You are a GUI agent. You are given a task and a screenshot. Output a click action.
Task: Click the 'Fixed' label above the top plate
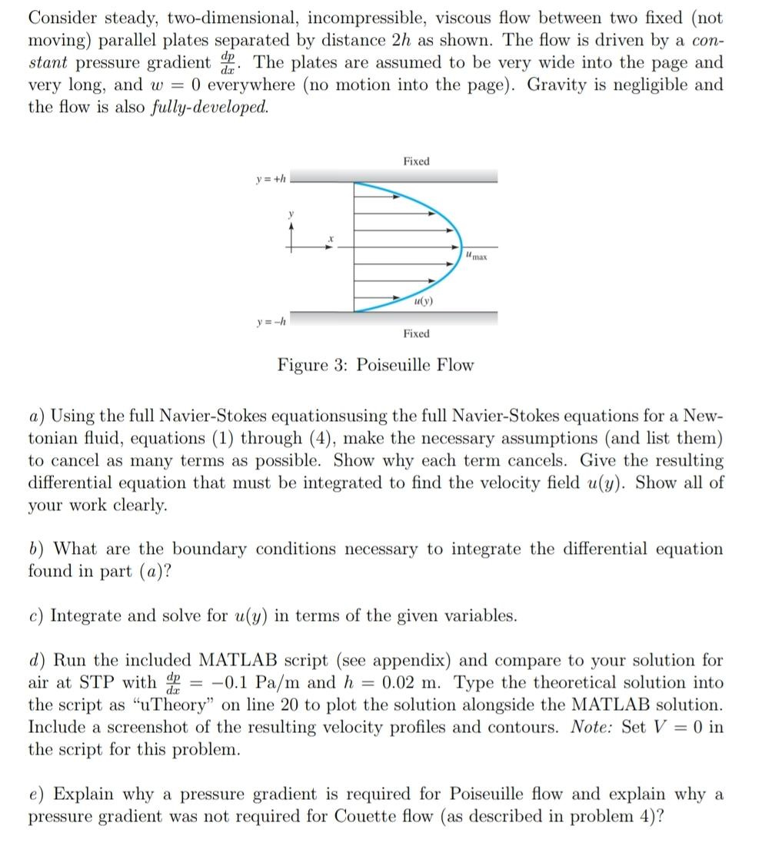point(416,161)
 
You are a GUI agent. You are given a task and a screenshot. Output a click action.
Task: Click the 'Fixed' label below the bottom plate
point(416,334)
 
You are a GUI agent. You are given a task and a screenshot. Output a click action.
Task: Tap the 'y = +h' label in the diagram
point(271,180)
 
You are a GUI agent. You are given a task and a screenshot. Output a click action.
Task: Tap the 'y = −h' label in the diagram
point(271,320)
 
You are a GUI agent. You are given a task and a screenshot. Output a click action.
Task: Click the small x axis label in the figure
point(331,240)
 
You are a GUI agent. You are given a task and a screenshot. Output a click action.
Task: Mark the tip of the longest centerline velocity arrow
point(463,247)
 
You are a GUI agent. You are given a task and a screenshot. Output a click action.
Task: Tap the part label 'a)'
point(36,416)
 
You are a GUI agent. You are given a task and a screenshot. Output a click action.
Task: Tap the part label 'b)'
point(36,549)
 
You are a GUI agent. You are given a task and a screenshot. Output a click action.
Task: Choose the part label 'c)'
point(36,616)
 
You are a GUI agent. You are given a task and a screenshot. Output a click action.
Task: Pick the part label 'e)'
point(36,794)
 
